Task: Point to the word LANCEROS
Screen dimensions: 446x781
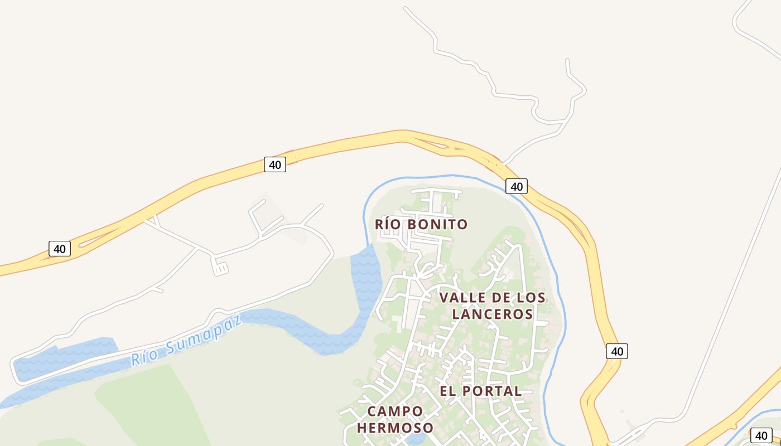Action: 493,314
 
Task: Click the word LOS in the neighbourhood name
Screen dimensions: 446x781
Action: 529,298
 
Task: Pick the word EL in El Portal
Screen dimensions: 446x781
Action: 447,391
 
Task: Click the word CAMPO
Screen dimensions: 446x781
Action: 395,411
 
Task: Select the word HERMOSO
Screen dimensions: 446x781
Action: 395,428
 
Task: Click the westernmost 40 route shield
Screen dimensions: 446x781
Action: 60,249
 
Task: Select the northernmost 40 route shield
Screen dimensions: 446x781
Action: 274,164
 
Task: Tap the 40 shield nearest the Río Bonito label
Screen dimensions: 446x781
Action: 517,186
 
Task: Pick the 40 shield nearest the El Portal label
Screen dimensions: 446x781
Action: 616,351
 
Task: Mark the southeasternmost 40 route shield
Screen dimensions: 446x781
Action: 761,435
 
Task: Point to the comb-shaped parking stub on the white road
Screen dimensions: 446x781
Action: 220,269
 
